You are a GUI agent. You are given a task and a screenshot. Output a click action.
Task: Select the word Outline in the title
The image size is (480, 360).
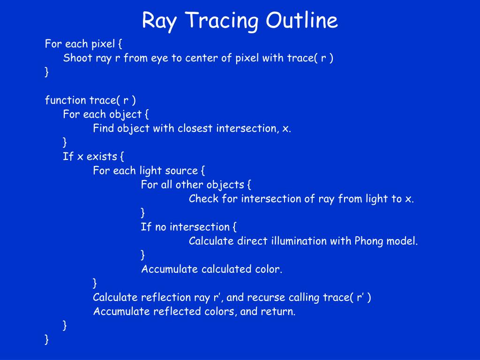(x=301, y=20)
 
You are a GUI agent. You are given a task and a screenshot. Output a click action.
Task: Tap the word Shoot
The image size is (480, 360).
(x=78, y=58)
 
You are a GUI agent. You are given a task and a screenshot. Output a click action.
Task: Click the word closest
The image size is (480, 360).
(x=195, y=128)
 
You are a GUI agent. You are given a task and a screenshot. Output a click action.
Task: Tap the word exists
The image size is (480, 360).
(x=102, y=157)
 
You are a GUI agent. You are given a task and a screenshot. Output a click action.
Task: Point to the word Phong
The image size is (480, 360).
(x=369, y=241)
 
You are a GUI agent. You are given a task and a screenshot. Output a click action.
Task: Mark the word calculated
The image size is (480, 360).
(x=226, y=269)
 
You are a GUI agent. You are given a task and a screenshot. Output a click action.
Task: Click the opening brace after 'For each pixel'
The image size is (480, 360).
(x=120, y=44)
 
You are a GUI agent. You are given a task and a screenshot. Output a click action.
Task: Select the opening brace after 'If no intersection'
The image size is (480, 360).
(x=234, y=227)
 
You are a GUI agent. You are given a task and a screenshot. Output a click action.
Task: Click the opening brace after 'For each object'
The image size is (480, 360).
(x=147, y=114)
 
